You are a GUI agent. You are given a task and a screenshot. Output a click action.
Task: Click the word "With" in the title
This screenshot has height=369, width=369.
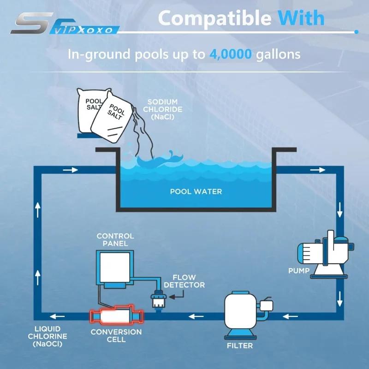(x=301, y=18)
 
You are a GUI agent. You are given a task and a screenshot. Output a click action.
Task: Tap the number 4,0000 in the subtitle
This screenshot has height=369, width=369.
(x=231, y=54)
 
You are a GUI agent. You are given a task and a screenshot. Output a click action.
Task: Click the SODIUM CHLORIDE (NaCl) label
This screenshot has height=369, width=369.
(x=163, y=109)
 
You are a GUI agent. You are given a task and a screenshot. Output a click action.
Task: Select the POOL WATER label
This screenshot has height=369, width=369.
(x=196, y=191)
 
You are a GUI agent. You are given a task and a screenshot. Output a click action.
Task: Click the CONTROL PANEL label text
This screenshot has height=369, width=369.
(x=115, y=239)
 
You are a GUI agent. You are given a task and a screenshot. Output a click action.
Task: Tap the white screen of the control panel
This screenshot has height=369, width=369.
(x=115, y=268)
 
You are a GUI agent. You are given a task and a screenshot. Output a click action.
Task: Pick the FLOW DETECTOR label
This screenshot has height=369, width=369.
(x=184, y=281)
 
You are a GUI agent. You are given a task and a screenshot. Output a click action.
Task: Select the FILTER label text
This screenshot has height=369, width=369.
(x=240, y=345)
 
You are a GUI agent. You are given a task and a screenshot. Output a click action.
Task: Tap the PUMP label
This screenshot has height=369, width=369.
(x=299, y=271)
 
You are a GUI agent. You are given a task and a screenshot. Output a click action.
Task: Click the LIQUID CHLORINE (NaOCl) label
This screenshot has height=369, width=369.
(x=48, y=337)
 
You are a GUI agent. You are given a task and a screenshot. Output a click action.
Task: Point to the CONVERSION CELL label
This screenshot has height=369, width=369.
(x=116, y=336)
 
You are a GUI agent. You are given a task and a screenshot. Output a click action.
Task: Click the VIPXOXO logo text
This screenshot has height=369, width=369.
(x=83, y=30)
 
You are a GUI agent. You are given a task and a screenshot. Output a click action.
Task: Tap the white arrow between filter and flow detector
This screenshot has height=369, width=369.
(x=196, y=316)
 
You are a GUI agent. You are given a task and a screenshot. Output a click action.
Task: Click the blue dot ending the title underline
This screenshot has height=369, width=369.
(x=356, y=32)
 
